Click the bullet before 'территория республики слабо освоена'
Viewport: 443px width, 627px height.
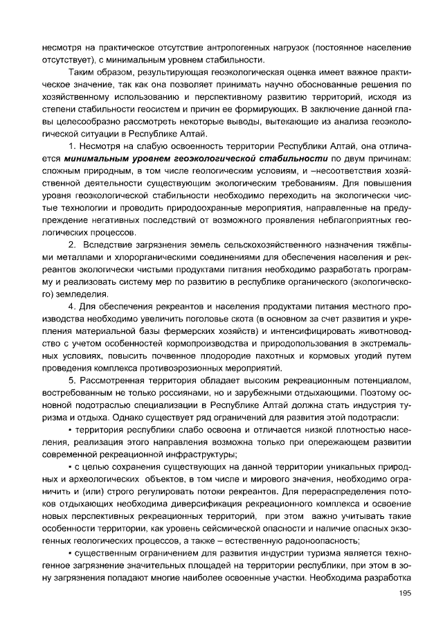(x=70, y=430)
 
